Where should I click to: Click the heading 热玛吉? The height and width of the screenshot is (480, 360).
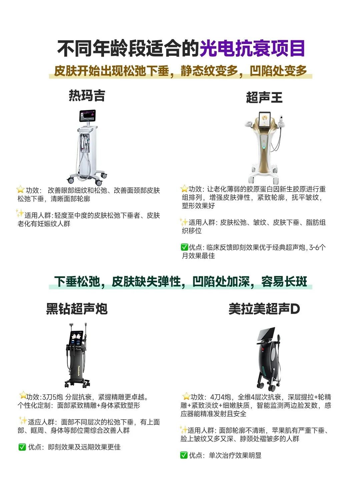click(87, 95)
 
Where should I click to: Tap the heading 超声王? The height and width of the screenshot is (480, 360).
click(264, 97)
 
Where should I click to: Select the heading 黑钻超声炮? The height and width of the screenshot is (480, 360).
click(77, 309)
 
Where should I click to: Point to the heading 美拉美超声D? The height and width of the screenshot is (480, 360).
click(264, 309)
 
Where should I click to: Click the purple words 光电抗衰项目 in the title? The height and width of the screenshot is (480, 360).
click(252, 48)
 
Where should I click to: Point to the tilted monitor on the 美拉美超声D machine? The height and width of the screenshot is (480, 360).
click(266, 334)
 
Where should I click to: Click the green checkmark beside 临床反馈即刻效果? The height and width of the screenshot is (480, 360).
click(184, 247)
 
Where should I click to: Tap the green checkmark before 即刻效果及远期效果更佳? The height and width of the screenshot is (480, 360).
click(22, 447)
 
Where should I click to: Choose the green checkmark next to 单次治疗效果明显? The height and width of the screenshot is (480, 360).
click(184, 455)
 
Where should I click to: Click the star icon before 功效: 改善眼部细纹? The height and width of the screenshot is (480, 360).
click(20, 189)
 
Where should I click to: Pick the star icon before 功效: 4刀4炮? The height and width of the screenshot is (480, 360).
click(186, 396)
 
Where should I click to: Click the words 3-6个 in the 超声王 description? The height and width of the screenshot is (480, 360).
click(317, 247)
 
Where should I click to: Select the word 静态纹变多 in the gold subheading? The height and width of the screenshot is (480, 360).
click(209, 71)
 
